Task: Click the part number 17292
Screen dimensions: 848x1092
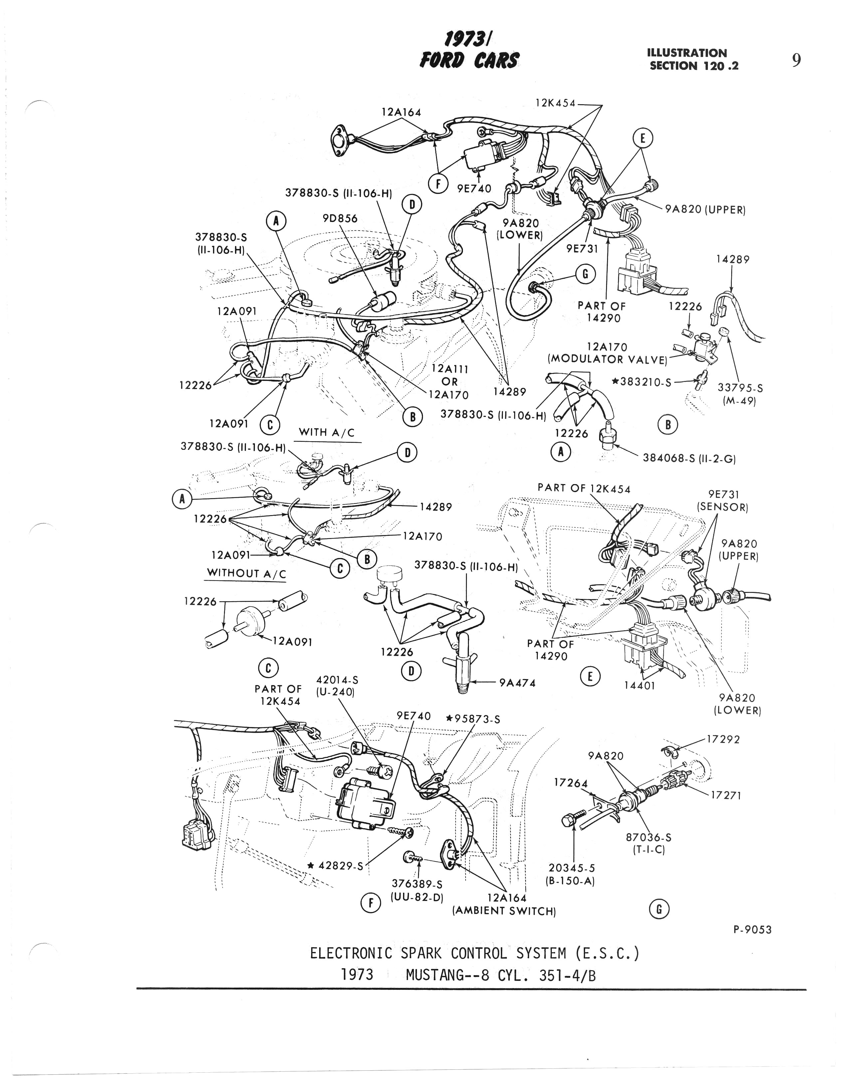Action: click(723, 739)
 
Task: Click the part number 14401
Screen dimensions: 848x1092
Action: click(640, 685)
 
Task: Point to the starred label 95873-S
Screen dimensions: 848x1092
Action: click(473, 719)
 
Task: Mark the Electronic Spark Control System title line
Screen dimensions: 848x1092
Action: click(475, 954)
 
